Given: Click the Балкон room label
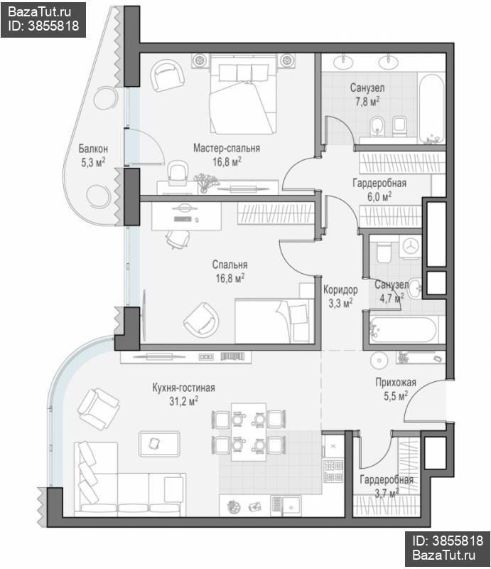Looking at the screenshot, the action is pyautogui.click(x=93, y=149).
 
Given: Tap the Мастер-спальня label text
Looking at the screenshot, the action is pyautogui.click(x=227, y=148).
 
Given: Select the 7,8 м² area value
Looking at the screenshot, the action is pyautogui.click(x=367, y=101).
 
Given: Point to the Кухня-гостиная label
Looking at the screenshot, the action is pyautogui.click(x=183, y=388).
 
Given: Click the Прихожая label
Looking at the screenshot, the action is pyautogui.click(x=396, y=382).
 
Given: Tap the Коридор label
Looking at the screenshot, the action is pyautogui.click(x=340, y=289).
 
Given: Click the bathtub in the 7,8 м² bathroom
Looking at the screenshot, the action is pyautogui.click(x=431, y=109).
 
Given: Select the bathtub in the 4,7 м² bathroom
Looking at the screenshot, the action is pyautogui.click(x=403, y=329).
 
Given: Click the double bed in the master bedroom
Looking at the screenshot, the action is pyautogui.click(x=243, y=95).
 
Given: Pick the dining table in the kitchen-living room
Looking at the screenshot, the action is pyautogui.click(x=249, y=432).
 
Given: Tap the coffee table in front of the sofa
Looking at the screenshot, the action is pyautogui.click(x=159, y=443).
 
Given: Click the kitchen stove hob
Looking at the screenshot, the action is pyautogui.click(x=333, y=471).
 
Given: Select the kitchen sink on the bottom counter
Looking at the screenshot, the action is pyautogui.click(x=286, y=505).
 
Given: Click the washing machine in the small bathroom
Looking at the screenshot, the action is pyautogui.click(x=410, y=246).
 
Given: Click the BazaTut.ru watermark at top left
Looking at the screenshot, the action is pyautogui.click(x=39, y=12).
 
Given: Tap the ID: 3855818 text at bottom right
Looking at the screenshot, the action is pyautogui.click(x=448, y=541).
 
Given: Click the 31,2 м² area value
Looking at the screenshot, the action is pyautogui.click(x=183, y=401).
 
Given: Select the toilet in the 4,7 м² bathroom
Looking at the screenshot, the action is pyautogui.click(x=383, y=252).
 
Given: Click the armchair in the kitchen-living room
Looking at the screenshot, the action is pyautogui.click(x=98, y=408).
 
